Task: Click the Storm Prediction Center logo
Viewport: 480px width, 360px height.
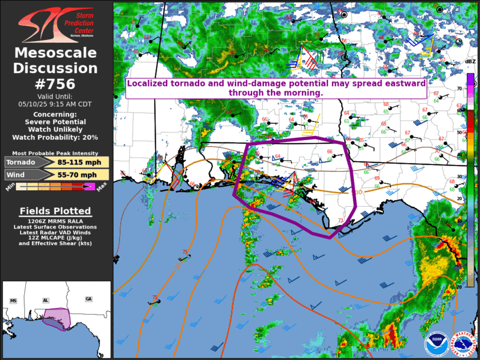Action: [x=56, y=24]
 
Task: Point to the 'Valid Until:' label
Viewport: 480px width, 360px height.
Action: [x=56, y=96]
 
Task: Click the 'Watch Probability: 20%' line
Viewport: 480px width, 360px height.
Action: [x=56, y=137]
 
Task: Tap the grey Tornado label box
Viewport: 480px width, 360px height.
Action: [x=22, y=162]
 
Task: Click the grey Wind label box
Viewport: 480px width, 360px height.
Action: [x=22, y=174]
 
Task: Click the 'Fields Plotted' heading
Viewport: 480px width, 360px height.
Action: [x=55, y=211]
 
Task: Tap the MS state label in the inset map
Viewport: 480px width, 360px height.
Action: [x=13, y=301]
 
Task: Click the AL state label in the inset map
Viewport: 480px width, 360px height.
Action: [x=45, y=300]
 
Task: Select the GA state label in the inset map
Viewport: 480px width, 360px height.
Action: [x=88, y=299]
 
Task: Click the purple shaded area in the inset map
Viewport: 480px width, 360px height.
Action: [x=56, y=318]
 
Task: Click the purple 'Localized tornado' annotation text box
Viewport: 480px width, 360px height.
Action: [x=276, y=88]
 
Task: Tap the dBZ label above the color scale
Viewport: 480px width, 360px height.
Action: [x=470, y=61]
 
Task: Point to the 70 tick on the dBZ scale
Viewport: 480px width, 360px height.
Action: [x=459, y=88]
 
